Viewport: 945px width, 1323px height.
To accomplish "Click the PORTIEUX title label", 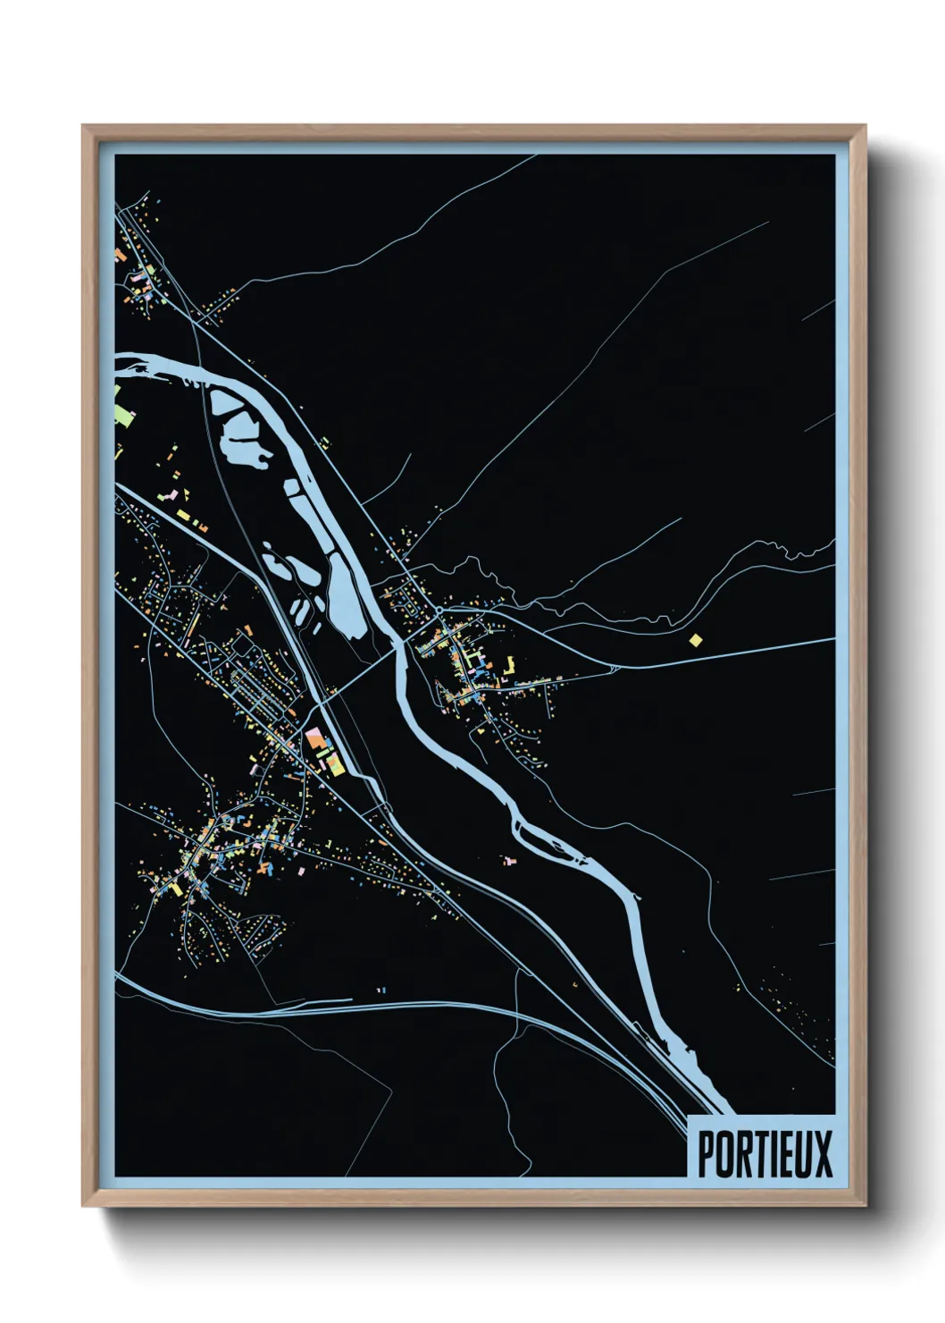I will tap(764, 1153).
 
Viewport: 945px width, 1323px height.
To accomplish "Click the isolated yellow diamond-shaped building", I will tap(696, 639).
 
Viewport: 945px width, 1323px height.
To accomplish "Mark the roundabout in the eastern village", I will tap(440, 611).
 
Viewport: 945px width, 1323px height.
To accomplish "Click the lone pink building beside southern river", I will tap(510, 860).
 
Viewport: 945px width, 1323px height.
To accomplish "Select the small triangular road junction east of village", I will tap(613, 668).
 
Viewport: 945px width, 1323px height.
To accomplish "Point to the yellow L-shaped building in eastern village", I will tap(510, 665).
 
